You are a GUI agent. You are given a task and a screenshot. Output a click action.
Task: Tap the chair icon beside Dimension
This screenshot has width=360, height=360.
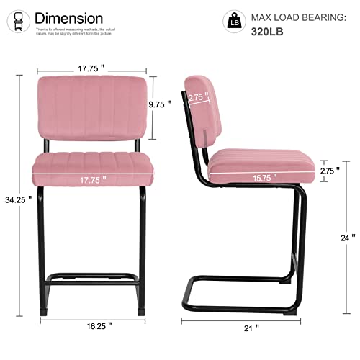click(21, 19)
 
